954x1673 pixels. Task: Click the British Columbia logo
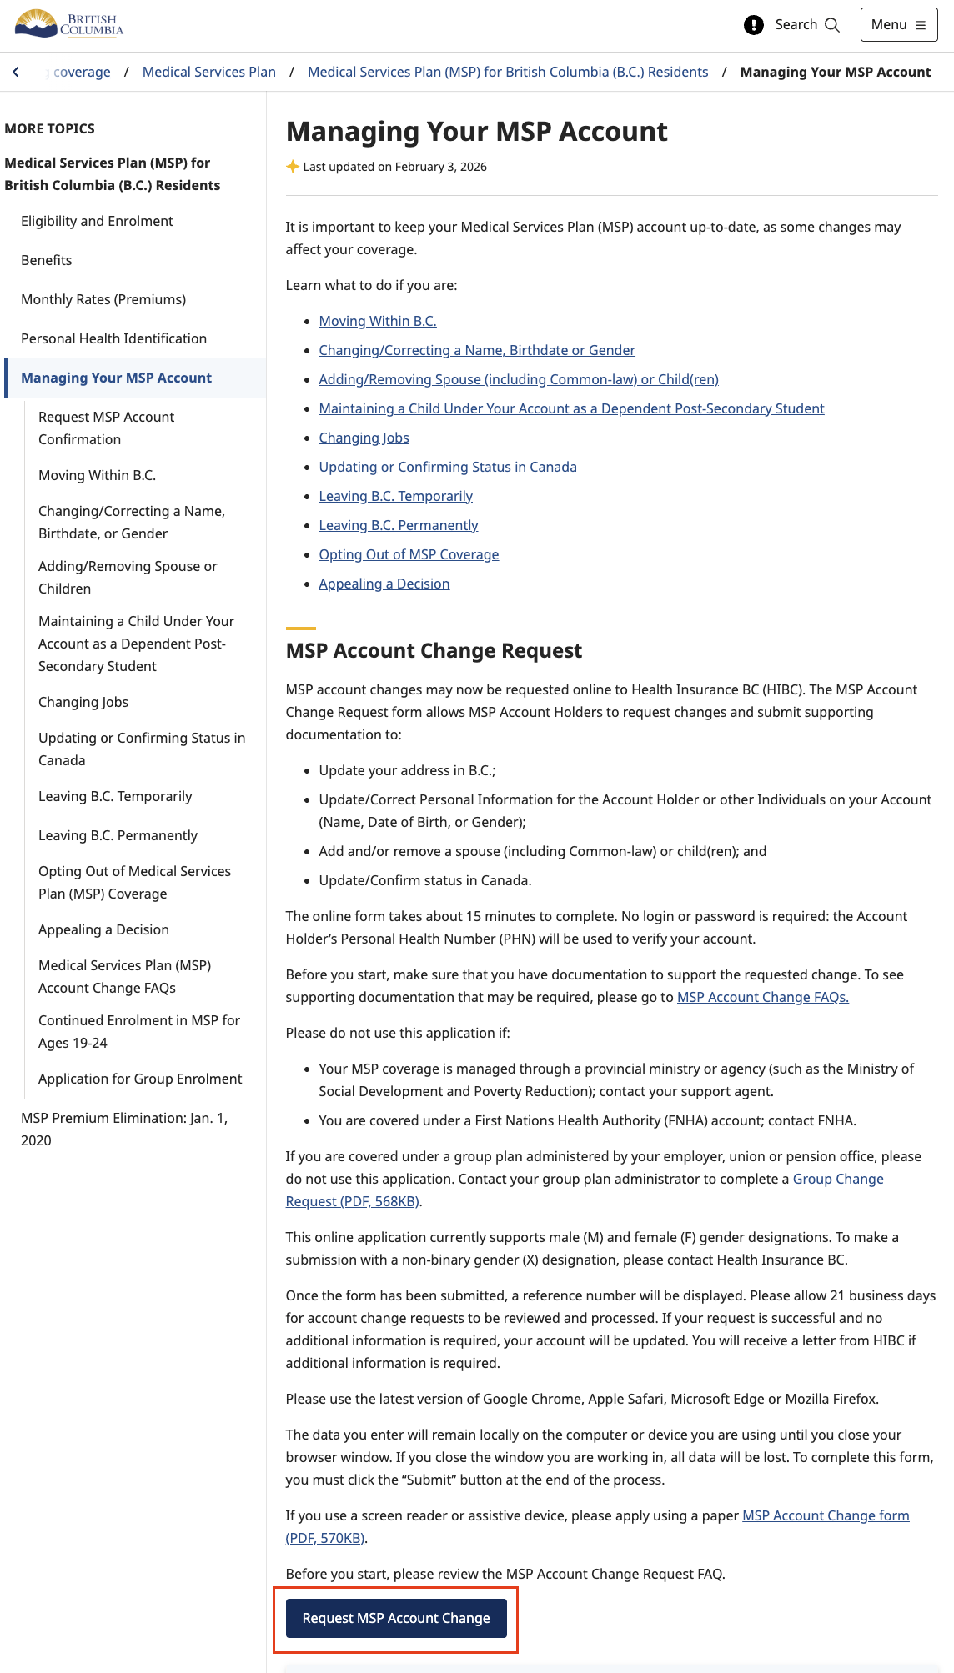pyautogui.click(x=69, y=24)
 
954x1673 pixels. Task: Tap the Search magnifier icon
pyautogui.click(x=831, y=25)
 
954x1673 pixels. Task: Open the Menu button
pyautogui.click(x=898, y=25)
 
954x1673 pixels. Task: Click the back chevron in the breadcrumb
pyautogui.click(x=16, y=73)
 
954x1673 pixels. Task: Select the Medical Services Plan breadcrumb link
pyautogui.click(x=208, y=73)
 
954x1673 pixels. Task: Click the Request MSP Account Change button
pyautogui.click(x=396, y=1618)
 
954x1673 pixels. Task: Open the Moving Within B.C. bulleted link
pyautogui.click(x=377, y=322)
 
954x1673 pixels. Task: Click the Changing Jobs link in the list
pyautogui.click(x=364, y=438)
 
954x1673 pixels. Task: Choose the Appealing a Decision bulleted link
pyautogui.click(x=384, y=584)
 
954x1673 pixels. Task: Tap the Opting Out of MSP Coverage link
pyautogui.click(x=409, y=555)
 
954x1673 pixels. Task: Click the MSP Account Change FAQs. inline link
pyautogui.click(x=762, y=998)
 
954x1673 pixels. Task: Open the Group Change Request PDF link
pyautogui.click(x=837, y=1180)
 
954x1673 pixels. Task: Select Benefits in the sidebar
pyautogui.click(x=47, y=261)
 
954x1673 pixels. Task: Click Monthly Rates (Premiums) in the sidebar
pyautogui.click(x=103, y=300)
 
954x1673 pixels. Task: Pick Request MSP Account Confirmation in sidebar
pyautogui.click(x=106, y=428)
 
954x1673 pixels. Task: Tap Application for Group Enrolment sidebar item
pyautogui.click(x=140, y=1079)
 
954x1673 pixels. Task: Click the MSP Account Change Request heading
pyautogui.click(x=434, y=651)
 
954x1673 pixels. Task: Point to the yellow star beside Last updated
pyautogui.click(x=293, y=167)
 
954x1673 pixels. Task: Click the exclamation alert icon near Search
pyautogui.click(x=753, y=25)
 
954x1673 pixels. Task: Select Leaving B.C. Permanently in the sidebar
pyautogui.click(x=118, y=836)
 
